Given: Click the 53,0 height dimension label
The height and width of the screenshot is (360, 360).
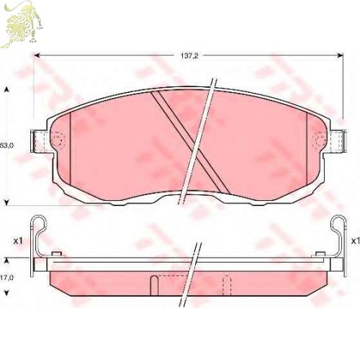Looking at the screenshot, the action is pos(6,145).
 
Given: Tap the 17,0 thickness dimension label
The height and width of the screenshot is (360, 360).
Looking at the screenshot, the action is pos(6,278).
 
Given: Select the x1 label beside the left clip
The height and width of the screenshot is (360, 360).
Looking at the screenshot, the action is pos(18,241).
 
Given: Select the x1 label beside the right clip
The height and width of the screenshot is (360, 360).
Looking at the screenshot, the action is pos(356,240).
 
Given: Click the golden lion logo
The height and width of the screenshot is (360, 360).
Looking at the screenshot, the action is pos(22,24).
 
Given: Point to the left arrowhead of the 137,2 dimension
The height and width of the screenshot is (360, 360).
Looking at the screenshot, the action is pos(37,55).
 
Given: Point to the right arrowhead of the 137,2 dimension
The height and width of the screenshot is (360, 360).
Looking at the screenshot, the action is pos(340,55).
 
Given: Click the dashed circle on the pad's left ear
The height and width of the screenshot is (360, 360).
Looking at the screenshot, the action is pos(58,140).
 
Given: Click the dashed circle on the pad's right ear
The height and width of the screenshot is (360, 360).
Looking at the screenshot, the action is pos(319,140).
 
